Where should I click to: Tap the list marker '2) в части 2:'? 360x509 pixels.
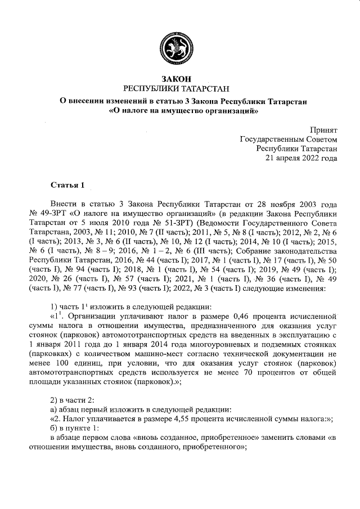[x=74, y=399]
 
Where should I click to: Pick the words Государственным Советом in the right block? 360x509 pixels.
[x=289, y=138]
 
